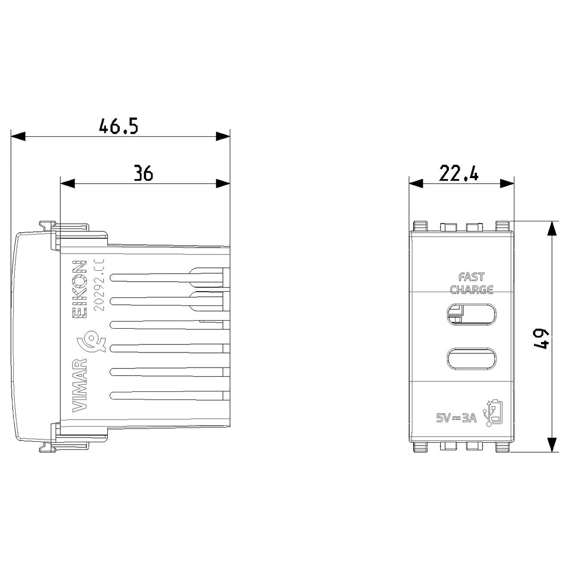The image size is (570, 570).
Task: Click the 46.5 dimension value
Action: pyautogui.click(x=118, y=126)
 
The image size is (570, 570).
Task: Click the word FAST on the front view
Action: pyautogui.click(x=472, y=277)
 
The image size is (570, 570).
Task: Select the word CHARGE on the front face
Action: pyautogui.click(x=472, y=290)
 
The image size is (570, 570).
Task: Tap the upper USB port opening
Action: pyautogui.click(x=471, y=315)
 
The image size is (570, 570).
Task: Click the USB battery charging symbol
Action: pyautogui.click(x=493, y=413)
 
